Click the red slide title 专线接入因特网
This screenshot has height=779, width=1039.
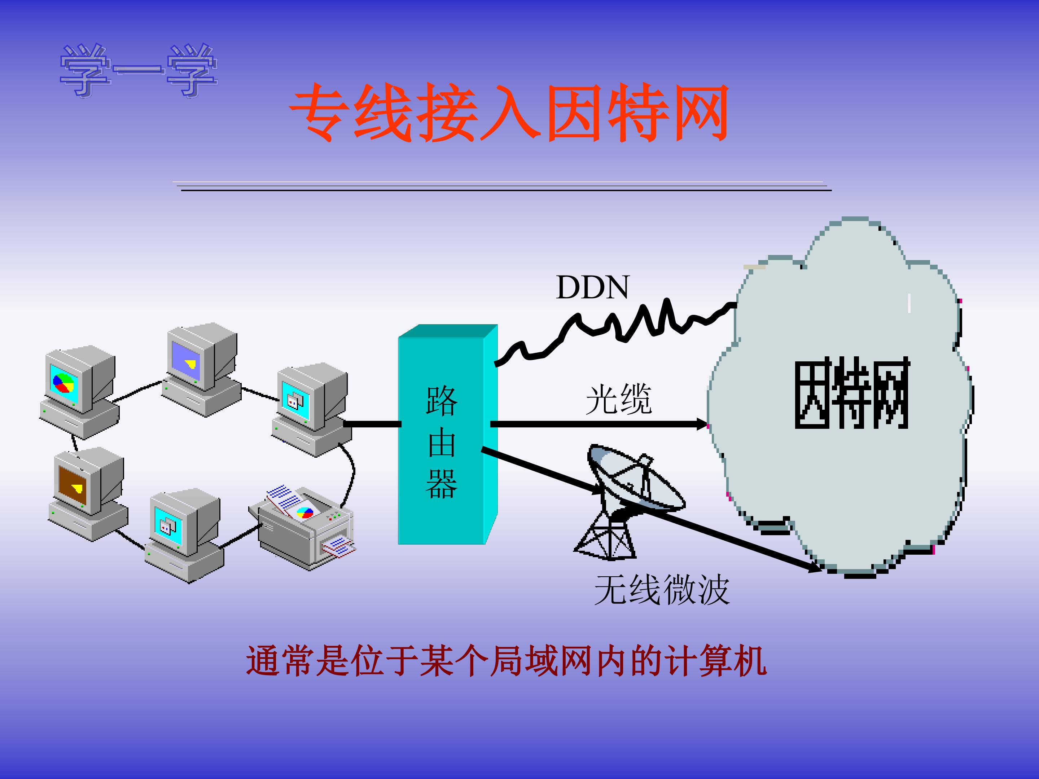(x=509, y=112)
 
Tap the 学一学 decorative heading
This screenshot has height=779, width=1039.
(x=139, y=70)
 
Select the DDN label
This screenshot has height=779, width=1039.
(x=592, y=287)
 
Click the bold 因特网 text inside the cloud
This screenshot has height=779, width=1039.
(x=852, y=393)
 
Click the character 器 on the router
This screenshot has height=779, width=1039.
(x=442, y=483)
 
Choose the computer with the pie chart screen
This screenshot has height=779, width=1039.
(x=79, y=392)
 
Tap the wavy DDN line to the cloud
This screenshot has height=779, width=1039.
(x=615, y=331)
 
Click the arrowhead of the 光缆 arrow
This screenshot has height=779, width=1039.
(x=702, y=424)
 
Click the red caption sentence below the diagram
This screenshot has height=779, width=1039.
(x=507, y=661)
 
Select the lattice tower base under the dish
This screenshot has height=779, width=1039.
(x=605, y=538)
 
